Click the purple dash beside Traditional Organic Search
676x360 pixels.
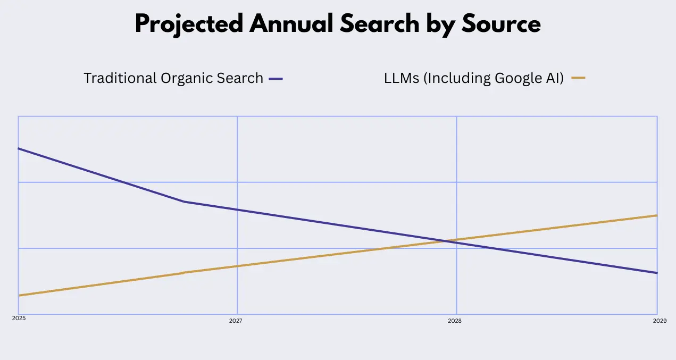click(x=276, y=79)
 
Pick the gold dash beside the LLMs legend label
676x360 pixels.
click(x=578, y=78)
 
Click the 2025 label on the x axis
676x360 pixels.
click(x=19, y=318)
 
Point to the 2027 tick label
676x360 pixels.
click(x=236, y=321)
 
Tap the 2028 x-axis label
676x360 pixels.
click(x=455, y=321)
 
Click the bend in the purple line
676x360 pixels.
click(x=184, y=202)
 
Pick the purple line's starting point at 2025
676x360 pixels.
click(x=19, y=148)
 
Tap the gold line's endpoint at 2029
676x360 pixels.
click(x=657, y=215)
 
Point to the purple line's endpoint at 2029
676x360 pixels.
click(x=657, y=273)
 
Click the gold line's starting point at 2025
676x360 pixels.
click(x=19, y=295)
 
